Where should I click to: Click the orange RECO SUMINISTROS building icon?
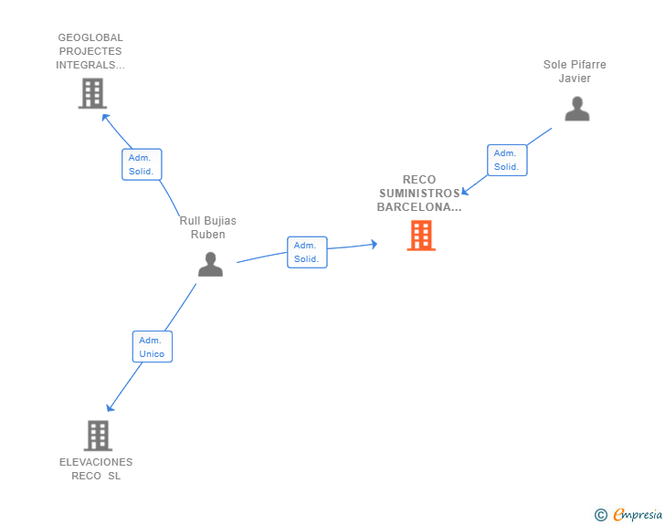(x=421, y=236)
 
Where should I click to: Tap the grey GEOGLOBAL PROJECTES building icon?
(x=92, y=93)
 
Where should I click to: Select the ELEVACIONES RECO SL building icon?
(x=98, y=436)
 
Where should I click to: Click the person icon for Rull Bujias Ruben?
(x=210, y=264)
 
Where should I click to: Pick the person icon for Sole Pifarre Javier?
(x=576, y=109)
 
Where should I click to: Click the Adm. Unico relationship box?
(x=153, y=346)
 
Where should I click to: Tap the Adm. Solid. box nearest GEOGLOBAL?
(x=142, y=164)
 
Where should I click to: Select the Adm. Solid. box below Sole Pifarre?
(x=507, y=160)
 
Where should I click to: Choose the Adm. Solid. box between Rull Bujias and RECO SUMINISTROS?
(x=307, y=252)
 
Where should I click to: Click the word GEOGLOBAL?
(x=90, y=37)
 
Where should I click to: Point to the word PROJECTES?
(x=90, y=51)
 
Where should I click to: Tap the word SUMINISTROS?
(x=419, y=194)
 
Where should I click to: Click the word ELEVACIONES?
(x=96, y=462)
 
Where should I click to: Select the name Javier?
(x=575, y=79)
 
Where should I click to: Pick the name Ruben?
(x=208, y=235)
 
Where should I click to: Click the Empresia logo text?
(x=638, y=515)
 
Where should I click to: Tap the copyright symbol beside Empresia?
(x=600, y=515)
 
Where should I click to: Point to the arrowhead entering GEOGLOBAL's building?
(x=105, y=117)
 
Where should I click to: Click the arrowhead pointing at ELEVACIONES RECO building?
(x=110, y=407)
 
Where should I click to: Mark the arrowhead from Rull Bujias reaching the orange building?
(x=374, y=244)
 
